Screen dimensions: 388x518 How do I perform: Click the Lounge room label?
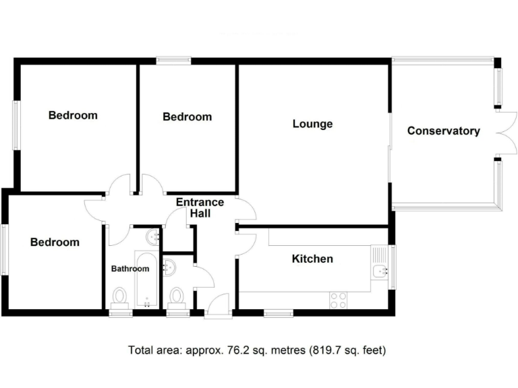312,124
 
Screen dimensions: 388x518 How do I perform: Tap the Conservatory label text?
443,131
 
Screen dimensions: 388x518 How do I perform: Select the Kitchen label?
312,259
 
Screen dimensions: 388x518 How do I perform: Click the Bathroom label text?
129,269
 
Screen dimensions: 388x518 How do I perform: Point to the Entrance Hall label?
200,207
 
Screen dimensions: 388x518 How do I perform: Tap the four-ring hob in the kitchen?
338,300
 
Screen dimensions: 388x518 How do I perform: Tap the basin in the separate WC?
170,267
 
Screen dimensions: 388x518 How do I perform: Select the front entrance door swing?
218,305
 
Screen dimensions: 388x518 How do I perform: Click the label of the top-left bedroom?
73,115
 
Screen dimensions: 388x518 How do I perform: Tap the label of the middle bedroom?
187,117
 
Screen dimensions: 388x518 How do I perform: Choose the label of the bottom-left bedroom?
55,242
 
